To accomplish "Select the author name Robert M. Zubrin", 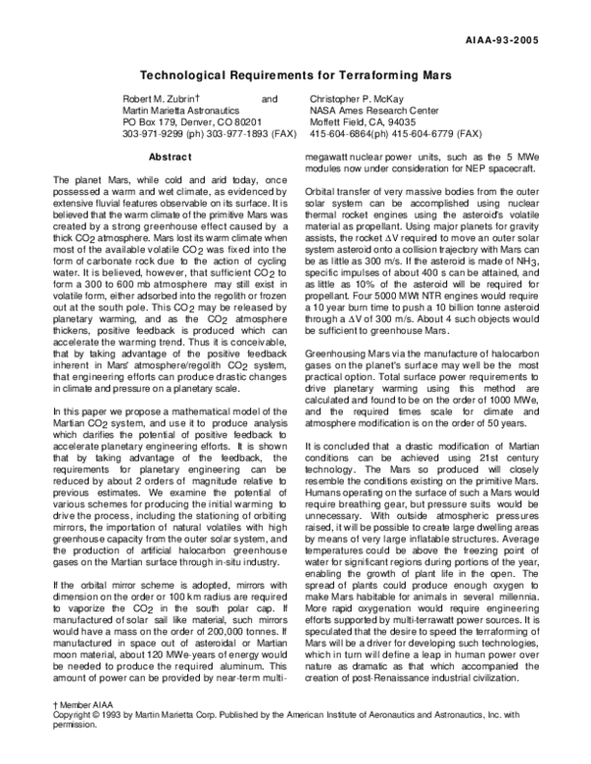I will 152,99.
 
